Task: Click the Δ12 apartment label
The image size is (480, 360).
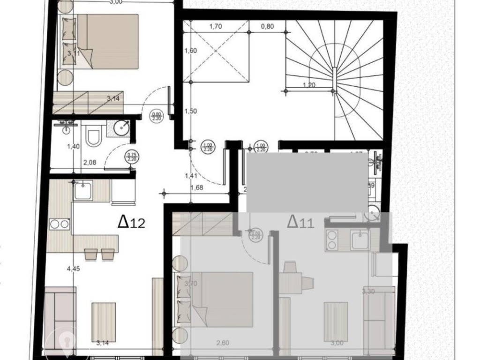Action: point(131,222)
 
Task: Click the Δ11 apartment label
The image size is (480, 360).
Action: point(300,221)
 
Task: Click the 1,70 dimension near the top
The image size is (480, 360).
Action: point(215,26)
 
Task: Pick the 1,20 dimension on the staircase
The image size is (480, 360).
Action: point(308,85)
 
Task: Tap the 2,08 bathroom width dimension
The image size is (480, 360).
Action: point(90,163)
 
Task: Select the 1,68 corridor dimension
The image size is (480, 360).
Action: point(196,189)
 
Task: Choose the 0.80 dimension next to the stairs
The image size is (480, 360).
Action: point(267,26)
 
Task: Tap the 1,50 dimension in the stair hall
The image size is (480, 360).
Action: point(190,111)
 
